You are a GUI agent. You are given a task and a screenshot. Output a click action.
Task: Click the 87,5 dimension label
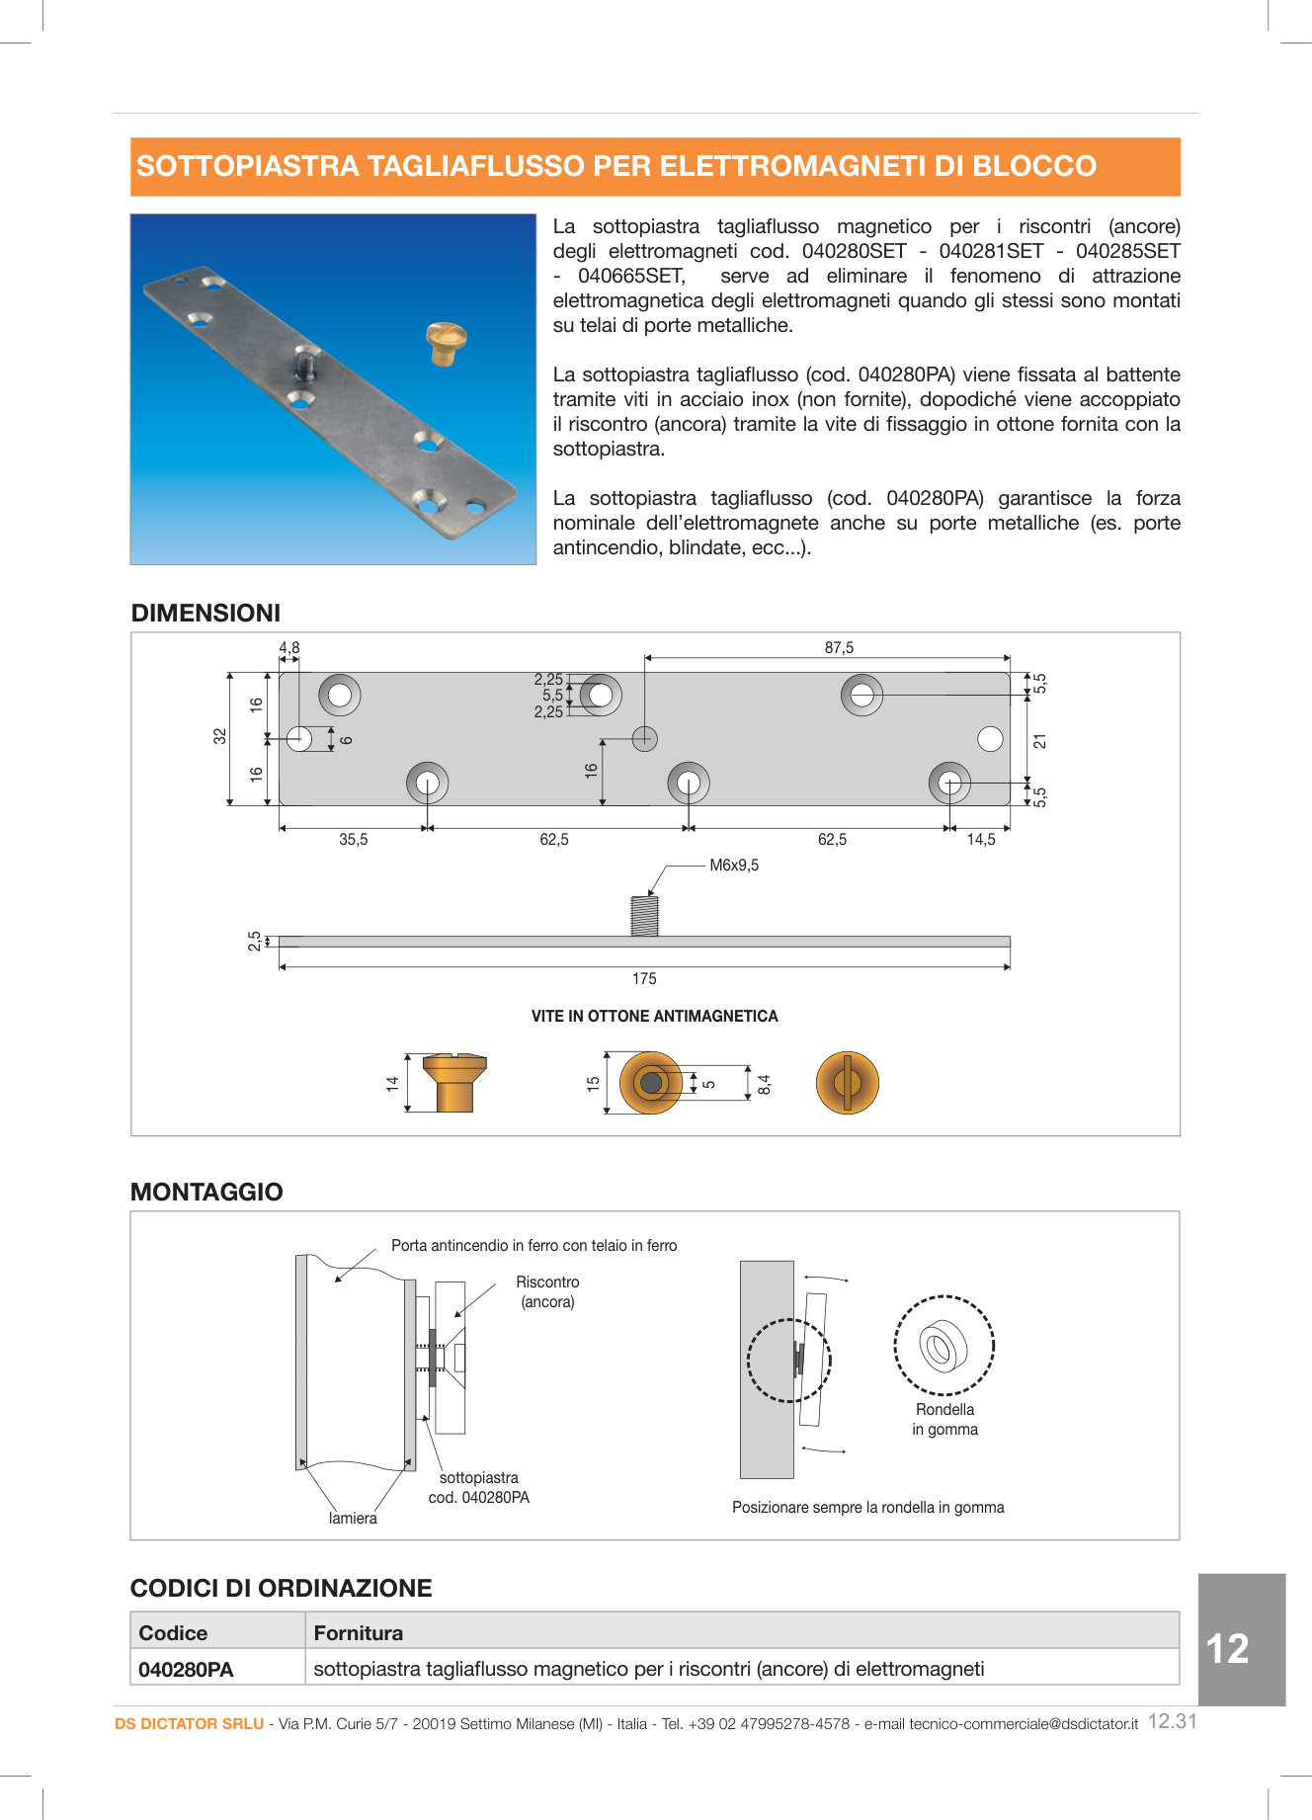(839, 648)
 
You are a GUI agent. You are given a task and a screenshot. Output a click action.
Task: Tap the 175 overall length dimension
(644, 979)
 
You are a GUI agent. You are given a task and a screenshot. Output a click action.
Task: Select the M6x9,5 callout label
(734, 866)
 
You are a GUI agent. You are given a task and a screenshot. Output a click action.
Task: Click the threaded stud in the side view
(644, 915)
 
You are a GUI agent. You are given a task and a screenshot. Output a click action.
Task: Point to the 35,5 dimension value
(353, 840)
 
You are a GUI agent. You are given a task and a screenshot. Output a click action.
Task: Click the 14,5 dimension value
(980, 840)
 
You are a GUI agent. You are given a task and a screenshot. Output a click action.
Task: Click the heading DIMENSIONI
(205, 614)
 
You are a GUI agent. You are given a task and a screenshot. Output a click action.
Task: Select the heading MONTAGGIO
(206, 1193)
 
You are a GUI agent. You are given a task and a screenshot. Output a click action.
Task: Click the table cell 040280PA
(187, 1670)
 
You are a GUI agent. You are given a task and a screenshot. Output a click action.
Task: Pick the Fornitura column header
(358, 1633)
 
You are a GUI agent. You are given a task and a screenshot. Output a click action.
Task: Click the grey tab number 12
(1228, 1648)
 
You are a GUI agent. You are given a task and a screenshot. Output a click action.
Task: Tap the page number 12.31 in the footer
(1172, 1721)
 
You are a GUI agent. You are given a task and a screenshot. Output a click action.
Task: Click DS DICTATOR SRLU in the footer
(189, 1724)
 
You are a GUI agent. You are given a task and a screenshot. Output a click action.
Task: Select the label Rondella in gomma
(944, 1420)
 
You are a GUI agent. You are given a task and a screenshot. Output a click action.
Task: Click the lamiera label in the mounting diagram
(353, 1519)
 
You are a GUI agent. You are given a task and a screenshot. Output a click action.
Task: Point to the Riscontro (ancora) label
(547, 1292)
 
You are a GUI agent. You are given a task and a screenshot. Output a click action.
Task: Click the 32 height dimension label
(219, 737)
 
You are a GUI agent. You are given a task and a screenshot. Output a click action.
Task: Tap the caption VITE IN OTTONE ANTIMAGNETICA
(654, 1017)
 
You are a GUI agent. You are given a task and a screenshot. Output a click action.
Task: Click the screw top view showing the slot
(847, 1083)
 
